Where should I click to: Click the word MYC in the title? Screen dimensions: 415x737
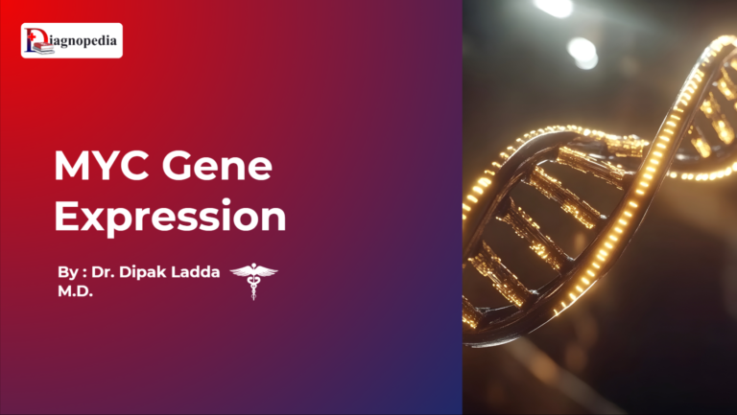pyautogui.click(x=103, y=169)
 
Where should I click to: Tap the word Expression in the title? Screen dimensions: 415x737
pyautogui.click(x=170, y=218)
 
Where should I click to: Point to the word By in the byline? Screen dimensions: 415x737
pyautogui.click(x=68, y=273)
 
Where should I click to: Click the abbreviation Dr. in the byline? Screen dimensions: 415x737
pyautogui.click(x=104, y=273)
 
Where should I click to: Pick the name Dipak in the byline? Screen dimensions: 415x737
pyautogui.click(x=145, y=273)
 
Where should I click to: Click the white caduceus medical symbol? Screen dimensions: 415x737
pyautogui.click(x=253, y=281)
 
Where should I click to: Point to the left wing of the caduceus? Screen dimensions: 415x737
pyautogui.click(x=240, y=272)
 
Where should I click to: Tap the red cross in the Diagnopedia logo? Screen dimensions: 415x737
pyautogui.click(x=30, y=35)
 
